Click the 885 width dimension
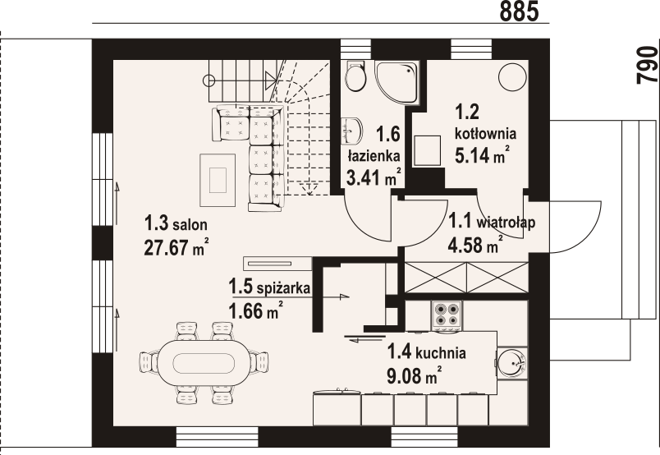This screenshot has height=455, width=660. tap(519, 11)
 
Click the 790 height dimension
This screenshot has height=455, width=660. tap(648, 65)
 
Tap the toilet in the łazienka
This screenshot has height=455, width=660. tap(355, 76)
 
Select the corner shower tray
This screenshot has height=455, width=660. tap(397, 82)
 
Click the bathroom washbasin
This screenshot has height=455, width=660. tap(351, 131)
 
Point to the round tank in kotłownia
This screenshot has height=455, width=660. tap(512, 76)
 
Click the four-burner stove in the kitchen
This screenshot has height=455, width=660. tap(447, 316)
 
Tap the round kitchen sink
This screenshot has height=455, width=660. tap(512, 362)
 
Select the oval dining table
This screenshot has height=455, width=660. tap(204, 362)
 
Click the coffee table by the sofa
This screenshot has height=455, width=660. tap(218, 180)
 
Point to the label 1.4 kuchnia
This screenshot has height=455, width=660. tap(426, 352)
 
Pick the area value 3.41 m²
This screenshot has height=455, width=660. tap(374, 177)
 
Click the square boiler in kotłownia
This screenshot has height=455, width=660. tap(427, 150)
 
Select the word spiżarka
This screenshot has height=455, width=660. tap(283, 288)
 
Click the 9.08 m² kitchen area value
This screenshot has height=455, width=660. tap(415, 375)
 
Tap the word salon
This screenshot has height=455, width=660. tap(190, 224)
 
